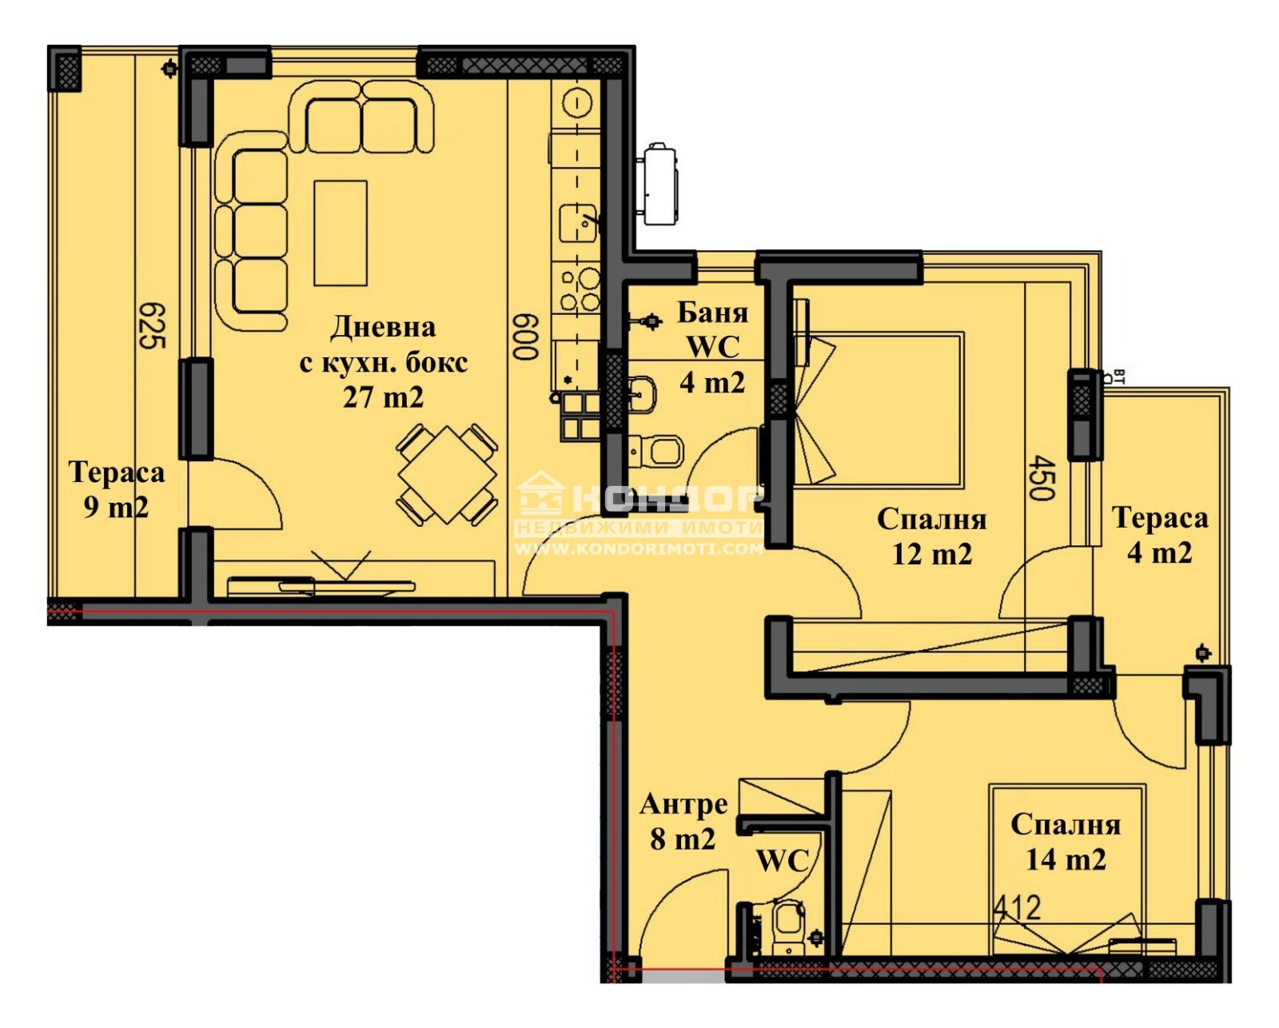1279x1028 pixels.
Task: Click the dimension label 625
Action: coord(150,325)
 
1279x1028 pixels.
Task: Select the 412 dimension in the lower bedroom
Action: coord(1017,908)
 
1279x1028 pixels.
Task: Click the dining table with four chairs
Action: coord(448,475)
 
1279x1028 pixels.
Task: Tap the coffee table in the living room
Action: coord(341,233)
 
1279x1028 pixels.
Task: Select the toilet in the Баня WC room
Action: coord(660,452)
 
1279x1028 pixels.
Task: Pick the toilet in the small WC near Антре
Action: coord(788,927)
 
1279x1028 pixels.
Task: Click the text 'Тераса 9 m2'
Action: coord(117,489)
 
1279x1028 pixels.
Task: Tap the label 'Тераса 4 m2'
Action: coord(1160,535)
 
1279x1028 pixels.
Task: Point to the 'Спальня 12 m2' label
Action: coord(932,536)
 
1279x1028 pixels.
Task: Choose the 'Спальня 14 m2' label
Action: coord(1066,842)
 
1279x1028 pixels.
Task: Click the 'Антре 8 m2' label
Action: coord(683,821)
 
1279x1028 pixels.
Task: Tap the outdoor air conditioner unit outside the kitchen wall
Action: coord(659,184)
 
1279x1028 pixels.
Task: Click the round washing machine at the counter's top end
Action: coord(576,103)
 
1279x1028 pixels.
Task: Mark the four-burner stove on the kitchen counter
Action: coord(579,290)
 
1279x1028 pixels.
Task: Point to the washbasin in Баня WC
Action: coord(642,392)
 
